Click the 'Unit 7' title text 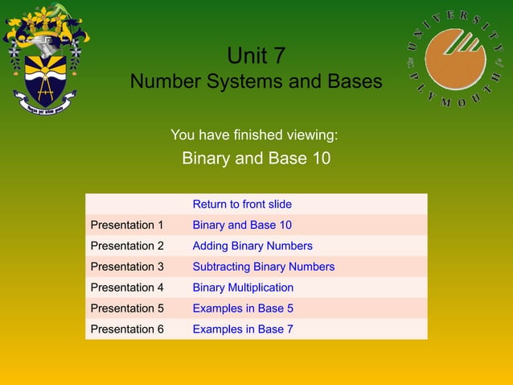point(256,56)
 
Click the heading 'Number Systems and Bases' point(256,82)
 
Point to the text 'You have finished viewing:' point(254,134)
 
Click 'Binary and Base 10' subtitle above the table point(256,158)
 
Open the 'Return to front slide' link point(242,205)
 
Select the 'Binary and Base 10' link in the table point(242,226)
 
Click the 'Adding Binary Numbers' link point(252,246)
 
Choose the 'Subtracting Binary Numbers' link point(263,267)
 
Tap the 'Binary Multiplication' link point(243,288)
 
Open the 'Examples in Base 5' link point(243,308)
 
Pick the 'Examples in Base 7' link point(243,329)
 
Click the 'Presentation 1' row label point(127,226)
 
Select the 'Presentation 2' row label point(127,246)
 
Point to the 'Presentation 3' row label point(127,267)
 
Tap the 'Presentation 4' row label point(127,288)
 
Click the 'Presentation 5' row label point(127,308)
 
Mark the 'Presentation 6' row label point(127,329)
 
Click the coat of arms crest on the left point(46,58)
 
